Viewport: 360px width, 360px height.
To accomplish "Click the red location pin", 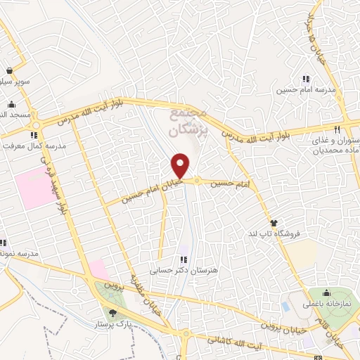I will [181, 165].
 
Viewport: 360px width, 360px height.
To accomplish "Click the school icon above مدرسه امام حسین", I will [305, 79].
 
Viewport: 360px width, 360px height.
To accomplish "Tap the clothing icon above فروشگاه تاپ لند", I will [274, 222].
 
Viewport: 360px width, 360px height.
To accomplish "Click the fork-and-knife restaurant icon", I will [337, 129].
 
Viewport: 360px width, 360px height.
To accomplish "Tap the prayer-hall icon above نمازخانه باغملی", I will [327, 294].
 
